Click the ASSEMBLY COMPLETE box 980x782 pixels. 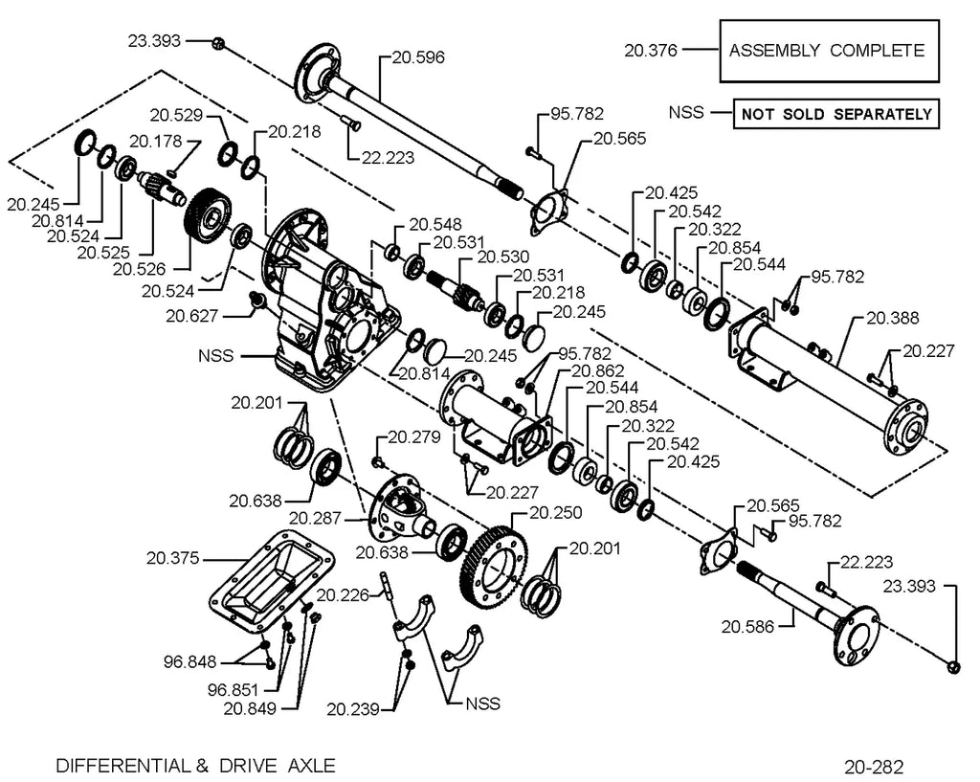tap(829, 51)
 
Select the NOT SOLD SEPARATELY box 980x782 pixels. tap(835, 114)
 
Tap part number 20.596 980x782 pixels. tap(419, 57)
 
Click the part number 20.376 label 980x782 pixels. tap(651, 50)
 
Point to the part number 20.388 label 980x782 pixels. tap(893, 318)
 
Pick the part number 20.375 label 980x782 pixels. tap(172, 558)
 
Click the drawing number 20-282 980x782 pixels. tap(873, 767)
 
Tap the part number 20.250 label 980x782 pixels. tap(556, 513)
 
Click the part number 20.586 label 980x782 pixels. tap(747, 626)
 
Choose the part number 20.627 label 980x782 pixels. tap(191, 316)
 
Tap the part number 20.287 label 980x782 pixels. tap(315, 518)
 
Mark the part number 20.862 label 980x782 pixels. tap(597, 371)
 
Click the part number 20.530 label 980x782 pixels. tap(503, 257)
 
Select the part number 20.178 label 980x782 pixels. tap(156, 142)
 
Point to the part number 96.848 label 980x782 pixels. tap(190, 661)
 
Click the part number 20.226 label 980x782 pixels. tap(344, 594)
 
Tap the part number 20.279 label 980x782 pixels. tap(414, 437)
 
